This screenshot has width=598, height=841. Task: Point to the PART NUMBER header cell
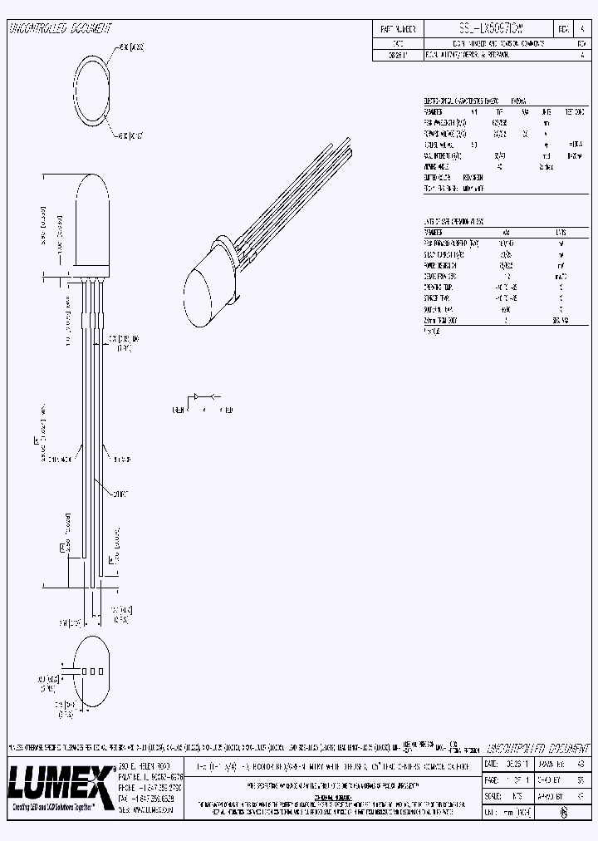click(397, 28)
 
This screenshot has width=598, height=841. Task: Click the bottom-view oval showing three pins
click(94, 671)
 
